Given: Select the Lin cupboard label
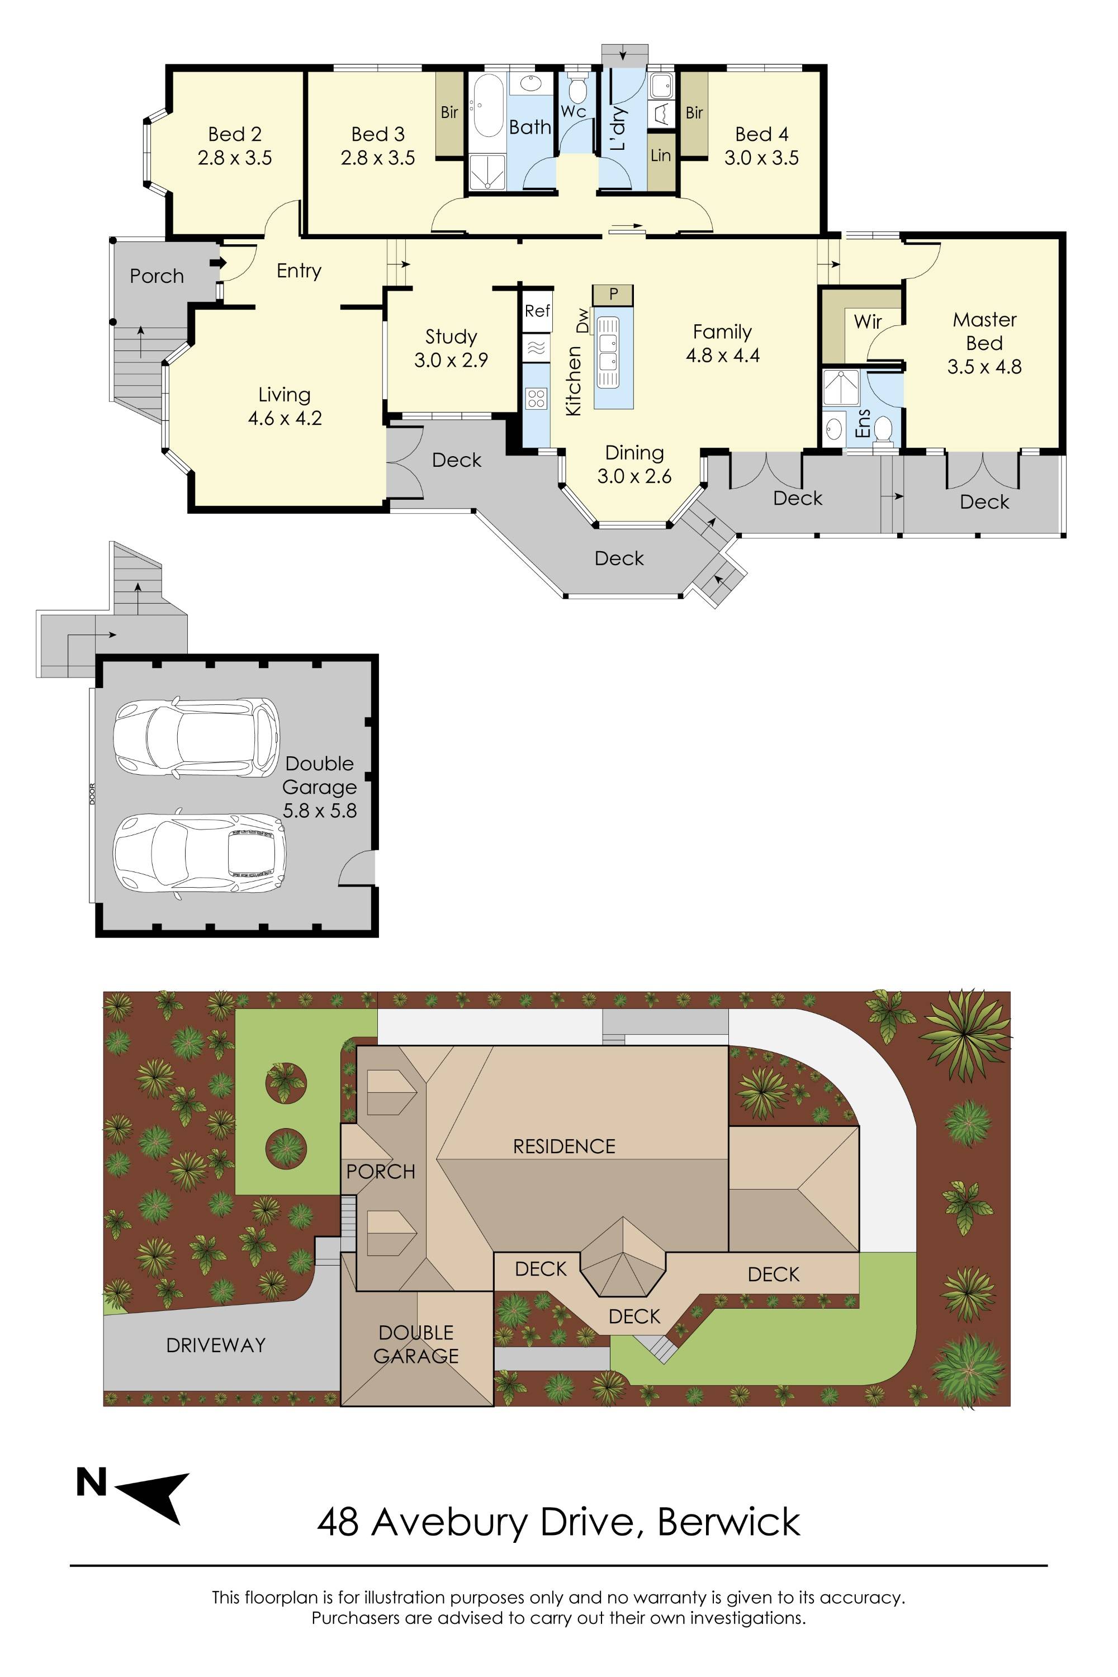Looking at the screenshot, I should point(660,155).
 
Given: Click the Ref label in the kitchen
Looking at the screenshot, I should point(536,311).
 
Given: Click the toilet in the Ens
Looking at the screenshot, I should point(883,430).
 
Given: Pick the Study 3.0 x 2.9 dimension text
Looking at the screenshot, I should point(451,360).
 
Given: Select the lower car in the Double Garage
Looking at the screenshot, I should point(199,853).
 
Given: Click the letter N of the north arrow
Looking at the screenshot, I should point(91,1482).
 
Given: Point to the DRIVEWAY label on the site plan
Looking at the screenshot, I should point(215,1346).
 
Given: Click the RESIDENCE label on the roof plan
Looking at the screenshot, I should point(564,1147).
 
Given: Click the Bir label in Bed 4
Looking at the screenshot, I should point(694,113).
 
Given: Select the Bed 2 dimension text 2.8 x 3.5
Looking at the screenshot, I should point(235,158).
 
